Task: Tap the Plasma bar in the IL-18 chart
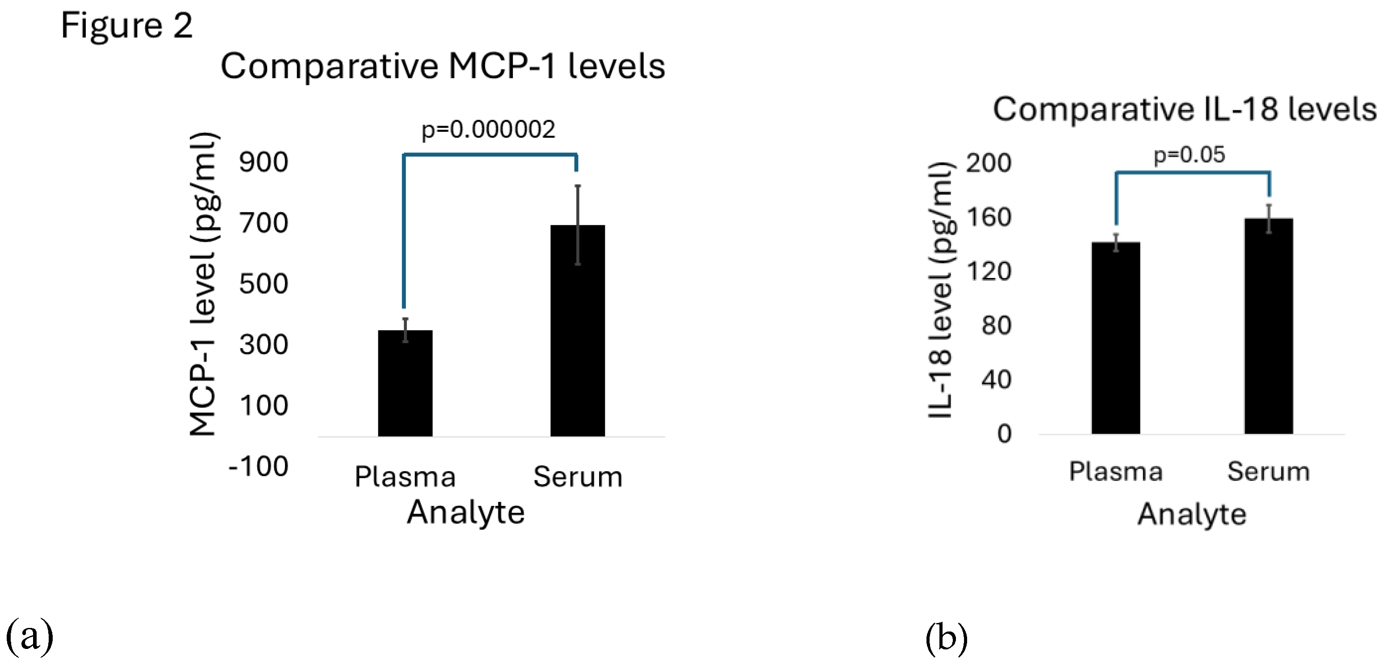[x=1115, y=338]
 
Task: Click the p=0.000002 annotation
[x=488, y=130]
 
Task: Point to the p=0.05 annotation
[x=1189, y=155]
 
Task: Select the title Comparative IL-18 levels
[x=1184, y=109]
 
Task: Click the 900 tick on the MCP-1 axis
[x=264, y=162]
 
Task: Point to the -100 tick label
[x=259, y=467]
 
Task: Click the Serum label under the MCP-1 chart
[x=578, y=477]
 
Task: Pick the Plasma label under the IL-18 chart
[x=1115, y=472]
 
